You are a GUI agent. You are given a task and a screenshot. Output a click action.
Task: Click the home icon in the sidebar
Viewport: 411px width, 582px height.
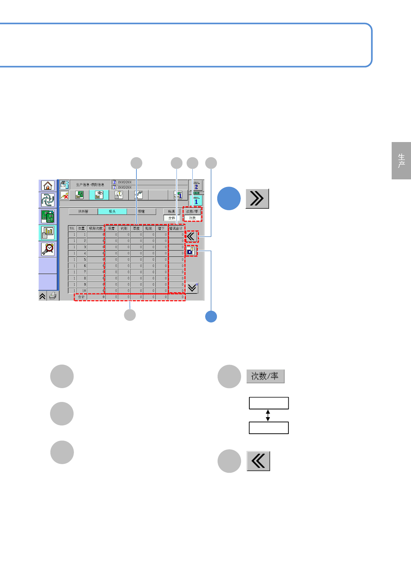click(x=48, y=186)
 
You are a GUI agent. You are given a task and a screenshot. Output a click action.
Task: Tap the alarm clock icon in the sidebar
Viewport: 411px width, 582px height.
click(x=48, y=249)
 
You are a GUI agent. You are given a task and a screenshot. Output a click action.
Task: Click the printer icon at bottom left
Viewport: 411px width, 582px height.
click(x=53, y=296)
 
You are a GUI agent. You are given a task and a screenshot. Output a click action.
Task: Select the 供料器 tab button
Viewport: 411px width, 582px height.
click(x=83, y=212)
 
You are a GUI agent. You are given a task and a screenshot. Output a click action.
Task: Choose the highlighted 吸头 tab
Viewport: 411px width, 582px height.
click(x=112, y=212)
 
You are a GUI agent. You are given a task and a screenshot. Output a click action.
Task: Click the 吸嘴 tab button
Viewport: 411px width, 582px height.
click(x=141, y=212)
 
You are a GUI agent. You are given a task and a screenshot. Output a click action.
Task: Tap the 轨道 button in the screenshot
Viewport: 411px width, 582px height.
click(x=172, y=212)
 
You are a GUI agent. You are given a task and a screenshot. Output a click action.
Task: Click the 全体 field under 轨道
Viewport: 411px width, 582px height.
click(x=172, y=218)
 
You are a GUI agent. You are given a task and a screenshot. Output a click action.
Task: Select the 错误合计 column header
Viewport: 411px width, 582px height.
click(x=176, y=228)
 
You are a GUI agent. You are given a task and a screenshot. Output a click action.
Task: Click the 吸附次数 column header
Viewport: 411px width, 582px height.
click(x=95, y=228)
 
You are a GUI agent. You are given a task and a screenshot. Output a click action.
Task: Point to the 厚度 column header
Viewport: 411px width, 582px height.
click(x=136, y=228)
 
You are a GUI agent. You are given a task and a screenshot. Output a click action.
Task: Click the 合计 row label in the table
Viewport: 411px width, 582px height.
click(x=81, y=297)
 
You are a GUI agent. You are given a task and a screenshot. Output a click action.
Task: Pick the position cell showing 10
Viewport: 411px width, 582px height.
click(x=82, y=291)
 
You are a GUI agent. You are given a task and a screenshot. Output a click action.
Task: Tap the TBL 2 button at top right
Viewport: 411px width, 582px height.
click(x=196, y=186)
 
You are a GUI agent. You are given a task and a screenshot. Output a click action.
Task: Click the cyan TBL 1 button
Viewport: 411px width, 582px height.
click(x=196, y=201)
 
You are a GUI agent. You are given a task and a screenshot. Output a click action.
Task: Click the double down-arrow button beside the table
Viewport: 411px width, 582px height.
click(x=192, y=288)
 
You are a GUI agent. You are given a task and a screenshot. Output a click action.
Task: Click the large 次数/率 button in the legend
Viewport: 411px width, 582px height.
click(x=265, y=376)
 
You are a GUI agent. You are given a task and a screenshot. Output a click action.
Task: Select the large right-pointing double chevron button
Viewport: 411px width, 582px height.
click(x=257, y=198)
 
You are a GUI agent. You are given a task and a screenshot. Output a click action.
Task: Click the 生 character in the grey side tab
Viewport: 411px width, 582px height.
click(x=401, y=157)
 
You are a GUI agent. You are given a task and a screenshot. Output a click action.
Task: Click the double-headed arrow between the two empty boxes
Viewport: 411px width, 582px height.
click(x=268, y=415)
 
